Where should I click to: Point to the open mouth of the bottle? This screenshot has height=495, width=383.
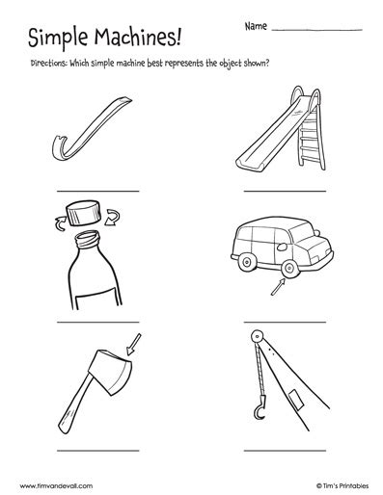click(87, 237)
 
